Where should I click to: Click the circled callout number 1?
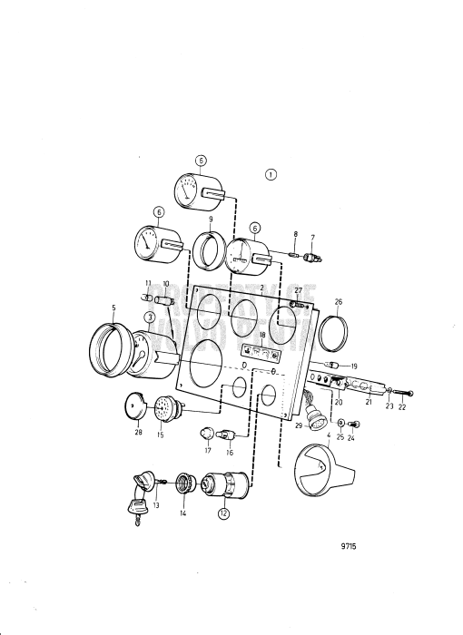pos(271,173)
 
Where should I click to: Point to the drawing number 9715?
pos(350,547)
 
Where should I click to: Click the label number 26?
pos(339,302)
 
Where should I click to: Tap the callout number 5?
pos(113,308)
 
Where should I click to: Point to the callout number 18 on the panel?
pos(261,336)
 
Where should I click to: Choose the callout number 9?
pos(210,219)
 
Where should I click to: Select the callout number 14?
pos(182,513)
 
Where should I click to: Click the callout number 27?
pos(297,289)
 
